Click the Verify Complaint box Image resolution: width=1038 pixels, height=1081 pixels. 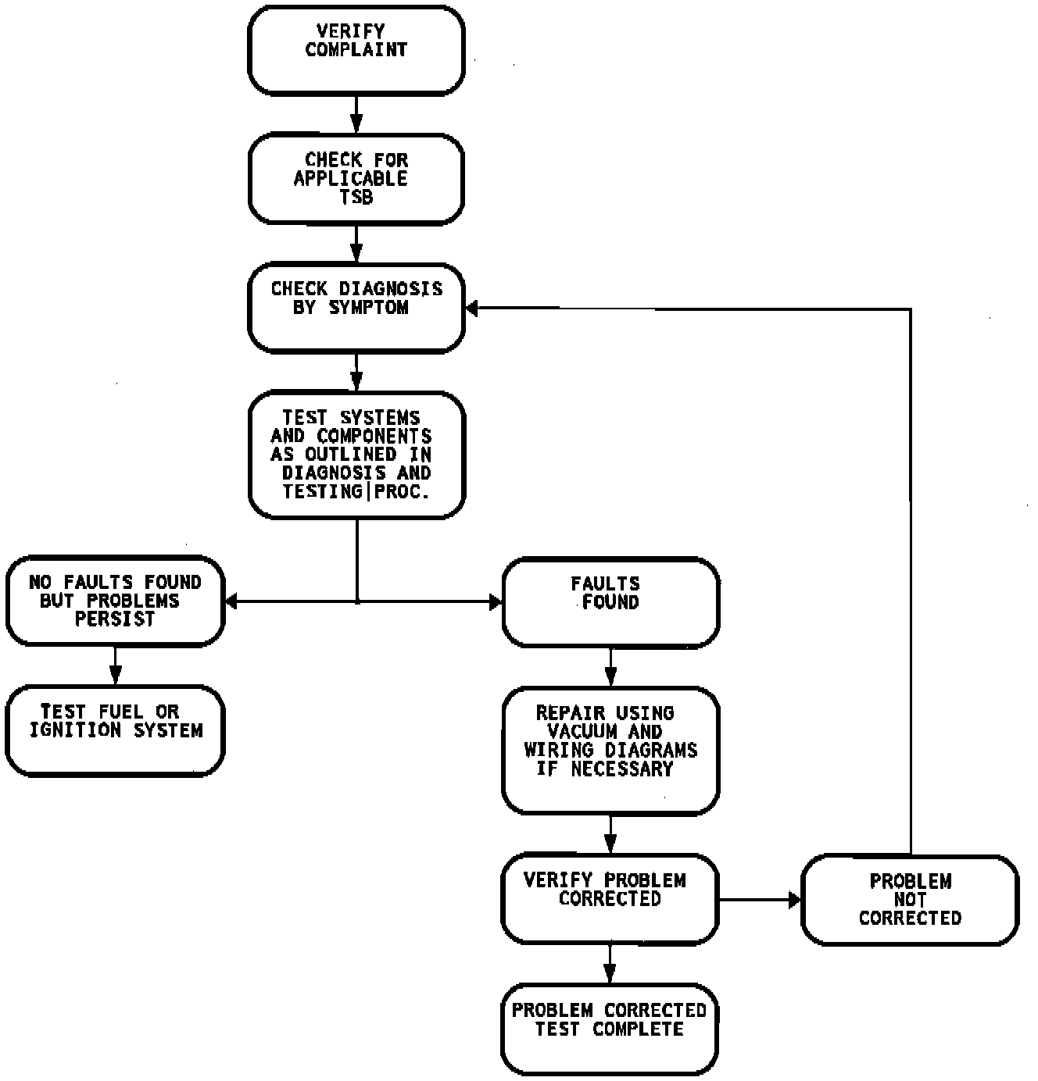click(x=356, y=51)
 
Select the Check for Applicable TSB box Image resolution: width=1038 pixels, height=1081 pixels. click(x=356, y=179)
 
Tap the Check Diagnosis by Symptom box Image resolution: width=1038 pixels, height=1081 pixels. click(x=356, y=308)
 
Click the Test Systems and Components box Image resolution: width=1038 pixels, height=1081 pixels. click(x=356, y=455)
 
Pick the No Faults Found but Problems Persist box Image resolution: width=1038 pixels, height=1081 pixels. click(x=116, y=601)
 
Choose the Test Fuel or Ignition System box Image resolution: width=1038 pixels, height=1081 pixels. click(x=116, y=730)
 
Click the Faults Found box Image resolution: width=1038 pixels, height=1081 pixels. click(x=610, y=602)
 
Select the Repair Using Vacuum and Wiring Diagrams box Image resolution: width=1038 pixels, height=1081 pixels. click(x=610, y=750)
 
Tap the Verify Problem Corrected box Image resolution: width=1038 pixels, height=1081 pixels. click(x=610, y=899)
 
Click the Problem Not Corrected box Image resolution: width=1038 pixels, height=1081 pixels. click(x=910, y=900)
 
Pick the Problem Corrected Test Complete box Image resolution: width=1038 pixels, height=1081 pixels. click(x=610, y=1029)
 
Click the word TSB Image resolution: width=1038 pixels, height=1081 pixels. click(x=356, y=198)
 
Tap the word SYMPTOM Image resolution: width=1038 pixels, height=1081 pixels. click(x=369, y=308)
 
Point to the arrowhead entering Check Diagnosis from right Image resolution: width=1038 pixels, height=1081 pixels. click(x=472, y=309)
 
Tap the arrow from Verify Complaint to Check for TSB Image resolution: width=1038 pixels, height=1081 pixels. click(x=356, y=115)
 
